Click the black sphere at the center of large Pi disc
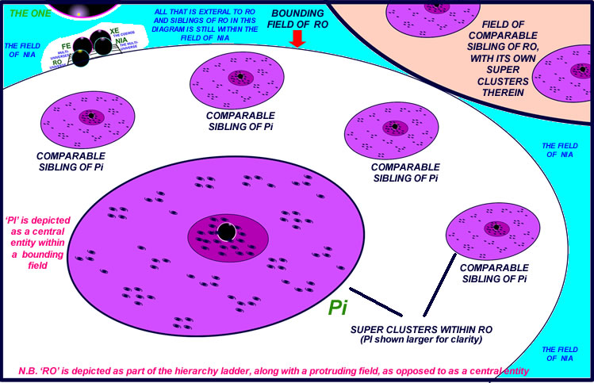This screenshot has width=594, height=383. (226, 232)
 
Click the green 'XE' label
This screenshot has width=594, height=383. (114, 30)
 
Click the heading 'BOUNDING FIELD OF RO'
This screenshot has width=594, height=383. (297, 19)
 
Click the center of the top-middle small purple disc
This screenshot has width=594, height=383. (237, 78)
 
